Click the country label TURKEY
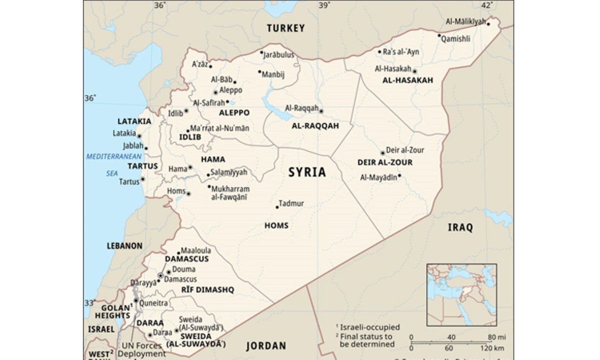(285, 28)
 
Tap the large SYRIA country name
(307, 172)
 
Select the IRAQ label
(459, 228)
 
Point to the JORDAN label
(266, 346)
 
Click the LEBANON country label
(124, 246)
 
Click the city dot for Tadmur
(277, 206)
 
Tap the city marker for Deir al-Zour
(382, 153)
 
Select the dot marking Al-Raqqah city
(321, 111)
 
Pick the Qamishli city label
(456, 38)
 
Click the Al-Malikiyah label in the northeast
(465, 21)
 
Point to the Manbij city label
(273, 74)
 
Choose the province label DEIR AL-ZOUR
(385, 162)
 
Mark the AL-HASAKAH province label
(407, 80)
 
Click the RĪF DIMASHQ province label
(207, 290)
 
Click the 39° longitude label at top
(324, 5)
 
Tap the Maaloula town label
(196, 250)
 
